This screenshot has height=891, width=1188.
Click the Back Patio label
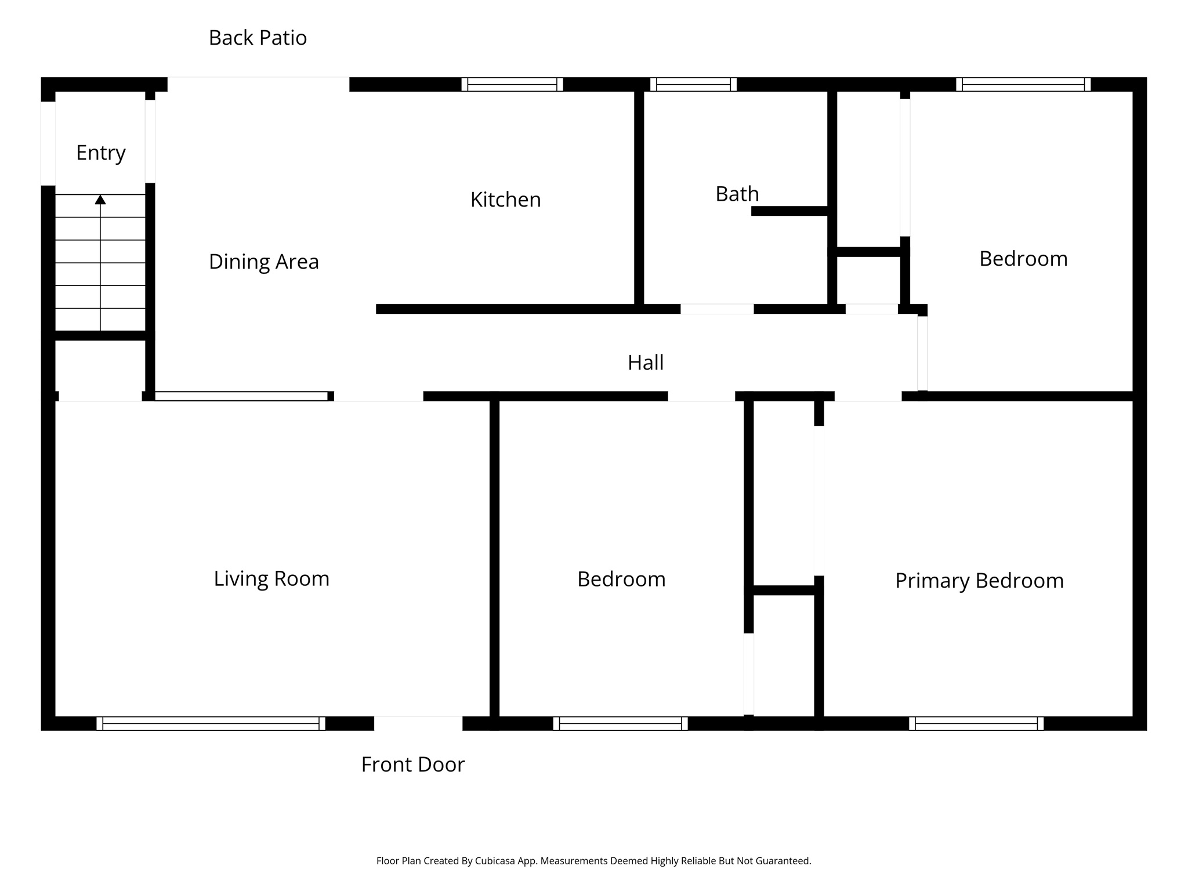(258, 38)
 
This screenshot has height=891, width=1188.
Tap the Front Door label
(412, 765)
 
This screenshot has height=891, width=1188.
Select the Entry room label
(101, 153)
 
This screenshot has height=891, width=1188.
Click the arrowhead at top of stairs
(100, 200)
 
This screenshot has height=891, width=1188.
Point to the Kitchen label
(505, 200)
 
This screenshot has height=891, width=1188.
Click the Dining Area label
(263, 262)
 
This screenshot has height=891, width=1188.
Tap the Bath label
(737, 194)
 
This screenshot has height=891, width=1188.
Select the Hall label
(645, 363)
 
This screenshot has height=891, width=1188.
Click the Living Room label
(271, 578)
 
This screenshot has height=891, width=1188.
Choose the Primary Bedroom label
(979, 581)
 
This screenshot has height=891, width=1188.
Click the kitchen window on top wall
(512, 85)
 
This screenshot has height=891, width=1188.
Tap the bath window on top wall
(693, 85)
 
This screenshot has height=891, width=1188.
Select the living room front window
(211, 723)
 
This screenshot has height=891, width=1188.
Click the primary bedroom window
(976, 723)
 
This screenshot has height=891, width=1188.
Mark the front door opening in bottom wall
(418, 723)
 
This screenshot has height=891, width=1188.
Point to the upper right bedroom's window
(1023, 85)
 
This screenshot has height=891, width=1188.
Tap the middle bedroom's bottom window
(620, 723)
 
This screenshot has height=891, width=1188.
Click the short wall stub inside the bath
(789, 211)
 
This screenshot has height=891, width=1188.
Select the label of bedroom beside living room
(621, 579)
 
